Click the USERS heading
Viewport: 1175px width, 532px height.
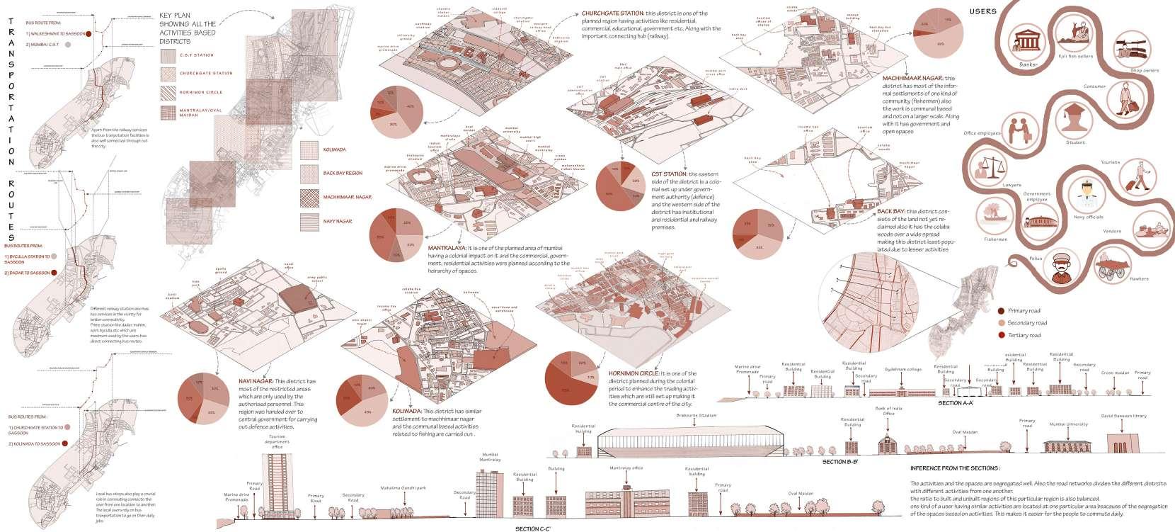(983, 11)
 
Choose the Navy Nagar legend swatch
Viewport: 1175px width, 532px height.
(310, 220)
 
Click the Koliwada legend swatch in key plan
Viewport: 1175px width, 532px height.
(310, 149)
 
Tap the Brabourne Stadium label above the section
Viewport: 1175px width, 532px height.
(697, 416)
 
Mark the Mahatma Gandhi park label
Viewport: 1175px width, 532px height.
(401, 488)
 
